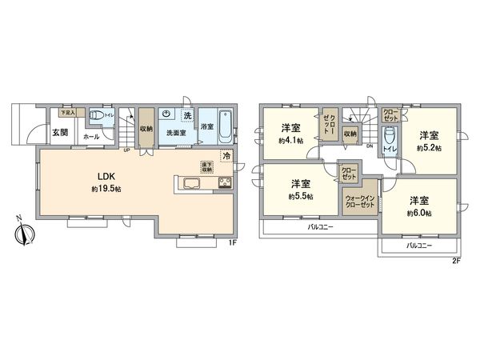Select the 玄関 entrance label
pos(61,132)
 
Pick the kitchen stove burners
pos(222,186)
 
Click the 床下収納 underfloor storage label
pos(206,167)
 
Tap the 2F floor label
pos(457,261)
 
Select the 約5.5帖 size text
pos(301,196)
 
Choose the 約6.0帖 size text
pos(419,213)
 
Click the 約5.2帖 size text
pos(432,149)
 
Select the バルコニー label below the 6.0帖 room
pos(418,246)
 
